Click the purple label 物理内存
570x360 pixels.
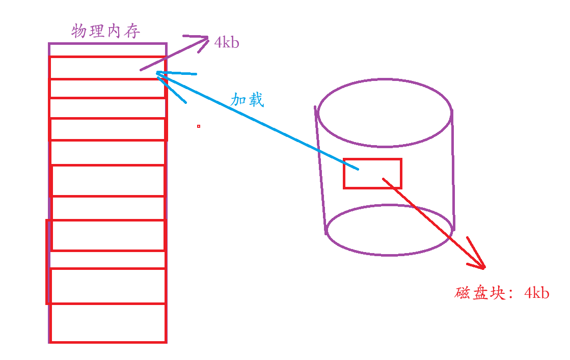[x=106, y=32]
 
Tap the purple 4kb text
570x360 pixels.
[x=227, y=43]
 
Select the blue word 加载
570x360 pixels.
[x=248, y=100]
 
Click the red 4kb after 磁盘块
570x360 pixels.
[x=537, y=293]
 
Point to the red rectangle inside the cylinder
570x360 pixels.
[x=372, y=174]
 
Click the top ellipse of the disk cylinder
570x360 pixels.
[x=385, y=113]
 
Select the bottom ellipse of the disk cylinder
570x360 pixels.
[x=389, y=230]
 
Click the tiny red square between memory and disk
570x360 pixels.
[x=199, y=126]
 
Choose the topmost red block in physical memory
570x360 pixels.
[x=107, y=67]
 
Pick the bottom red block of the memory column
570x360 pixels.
[x=108, y=323]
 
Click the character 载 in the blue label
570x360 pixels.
[x=256, y=100]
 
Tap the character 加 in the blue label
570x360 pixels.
[x=239, y=100]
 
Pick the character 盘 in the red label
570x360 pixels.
[x=481, y=293]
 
